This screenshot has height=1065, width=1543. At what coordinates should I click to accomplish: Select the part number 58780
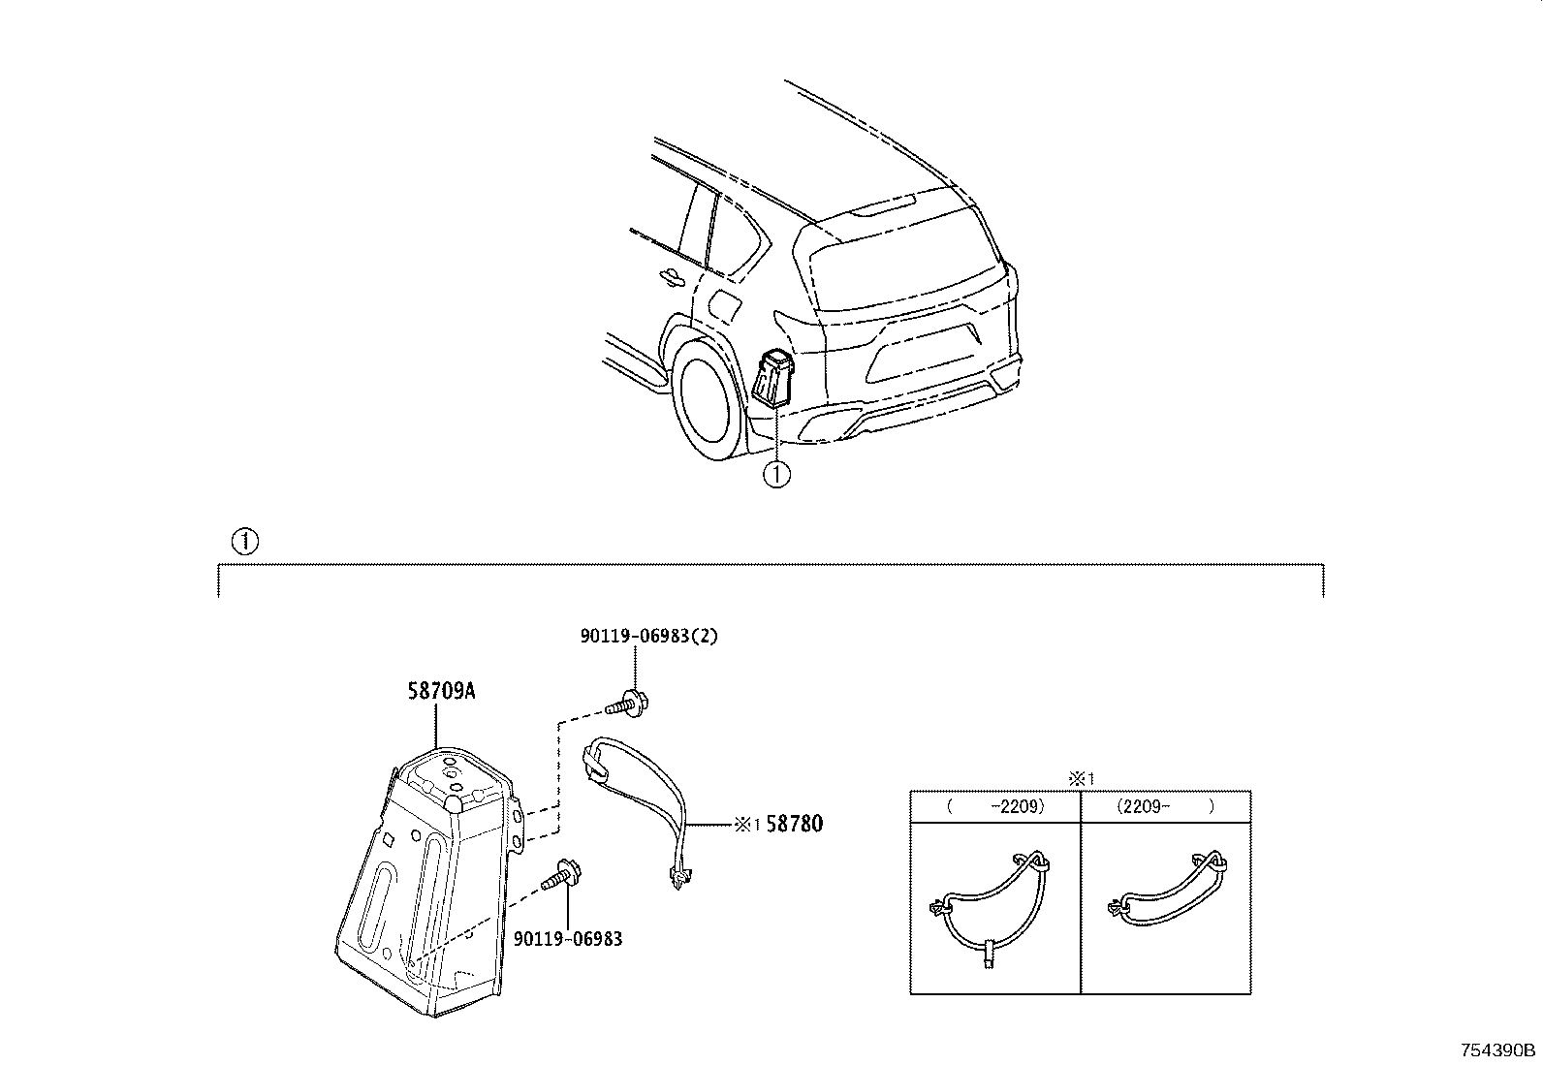click(x=794, y=824)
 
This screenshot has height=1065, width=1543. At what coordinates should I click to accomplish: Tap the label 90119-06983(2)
click(x=649, y=637)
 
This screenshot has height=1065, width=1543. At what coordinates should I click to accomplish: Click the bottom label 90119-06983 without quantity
click(x=568, y=938)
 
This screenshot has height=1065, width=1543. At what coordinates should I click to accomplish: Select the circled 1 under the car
click(x=776, y=474)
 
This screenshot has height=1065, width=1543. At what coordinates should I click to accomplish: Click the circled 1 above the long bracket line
click(x=245, y=541)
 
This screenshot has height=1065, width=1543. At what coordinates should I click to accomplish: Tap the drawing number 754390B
click(x=1499, y=1050)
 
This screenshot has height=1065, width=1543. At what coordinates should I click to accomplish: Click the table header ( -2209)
click(x=995, y=806)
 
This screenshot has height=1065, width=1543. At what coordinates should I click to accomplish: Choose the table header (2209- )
click(x=1164, y=806)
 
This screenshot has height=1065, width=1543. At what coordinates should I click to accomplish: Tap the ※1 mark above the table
click(x=1080, y=778)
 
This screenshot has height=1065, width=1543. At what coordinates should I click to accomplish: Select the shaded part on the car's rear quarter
click(x=773, y=379)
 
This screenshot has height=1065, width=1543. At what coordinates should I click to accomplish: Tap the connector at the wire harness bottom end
click(x=678, y=878)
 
